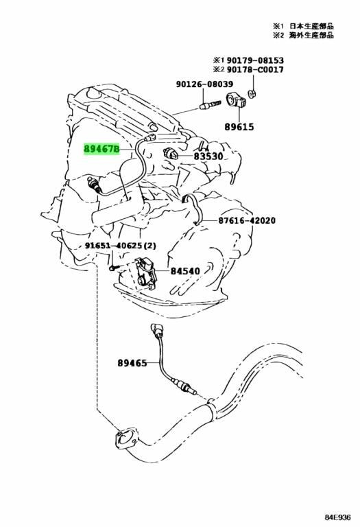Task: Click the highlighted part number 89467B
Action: click(101, 148)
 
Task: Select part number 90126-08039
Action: click(204, 84)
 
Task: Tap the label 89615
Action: click(239, 127)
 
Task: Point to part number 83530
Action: click(208, 156)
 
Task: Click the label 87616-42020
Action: click(247, 220)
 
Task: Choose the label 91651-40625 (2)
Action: click(121, 246)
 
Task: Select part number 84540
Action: click(185, 271)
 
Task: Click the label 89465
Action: click(132, 363)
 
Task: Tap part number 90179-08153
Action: click(255, 60)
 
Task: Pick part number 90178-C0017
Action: click(255, 70)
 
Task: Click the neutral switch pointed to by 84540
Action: click(146, 273)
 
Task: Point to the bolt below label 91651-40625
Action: click(114, 268)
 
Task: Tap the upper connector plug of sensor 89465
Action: click(156, 329)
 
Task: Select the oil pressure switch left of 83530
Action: click(170, 154)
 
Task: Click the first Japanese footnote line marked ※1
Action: click(303, 26)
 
